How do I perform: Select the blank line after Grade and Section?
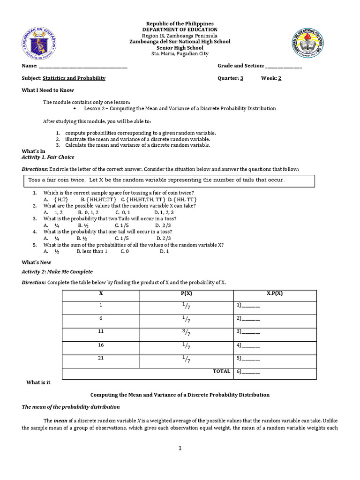coord(284,67)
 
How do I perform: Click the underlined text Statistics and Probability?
coord(74,78)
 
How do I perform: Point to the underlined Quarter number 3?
coord(241,78)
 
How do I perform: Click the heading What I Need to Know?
coord(48,90)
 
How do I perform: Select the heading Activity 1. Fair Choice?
coord(48,157)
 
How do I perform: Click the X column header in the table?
coord(101,293)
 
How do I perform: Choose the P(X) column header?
coord(186,293)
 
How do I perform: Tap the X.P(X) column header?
coord(275,293)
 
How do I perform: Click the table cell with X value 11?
coord(101,331)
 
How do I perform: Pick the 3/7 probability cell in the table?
coord(186,333)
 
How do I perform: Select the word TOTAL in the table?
coord(221,371)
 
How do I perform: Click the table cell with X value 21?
coord(101,358)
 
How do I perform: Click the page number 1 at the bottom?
coord(180,448)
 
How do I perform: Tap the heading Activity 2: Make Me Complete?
coord(57,271)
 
